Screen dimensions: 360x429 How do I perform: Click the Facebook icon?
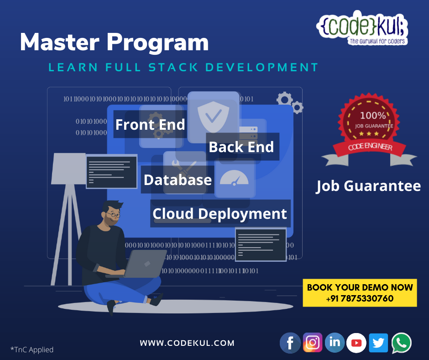(x=290, y=343)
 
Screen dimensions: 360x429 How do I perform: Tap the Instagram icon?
(x=313, y=342)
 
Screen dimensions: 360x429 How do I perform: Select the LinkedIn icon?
(x=335, y=342)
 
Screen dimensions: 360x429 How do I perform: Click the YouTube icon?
(x=356, y=343)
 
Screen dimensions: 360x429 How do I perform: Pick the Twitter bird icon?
(x=378, y=342)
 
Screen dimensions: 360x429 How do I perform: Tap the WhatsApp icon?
(x=401, y=343)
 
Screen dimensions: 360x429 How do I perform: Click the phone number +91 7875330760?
(x=360, y=299)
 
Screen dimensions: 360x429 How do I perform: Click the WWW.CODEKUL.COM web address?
(x=187, y=343)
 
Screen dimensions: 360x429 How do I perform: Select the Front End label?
(x=150, y=125)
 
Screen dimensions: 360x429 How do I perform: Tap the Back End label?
(x=241, y=147)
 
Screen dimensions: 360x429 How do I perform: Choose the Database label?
(x=178, y=180)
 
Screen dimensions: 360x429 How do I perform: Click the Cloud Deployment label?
(x=220, y=213)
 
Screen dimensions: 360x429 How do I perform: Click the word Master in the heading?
(x=60, y=43)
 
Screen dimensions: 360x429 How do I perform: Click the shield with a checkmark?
(x=213, y=115)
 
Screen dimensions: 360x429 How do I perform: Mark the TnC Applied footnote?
(x=32, y=349)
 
